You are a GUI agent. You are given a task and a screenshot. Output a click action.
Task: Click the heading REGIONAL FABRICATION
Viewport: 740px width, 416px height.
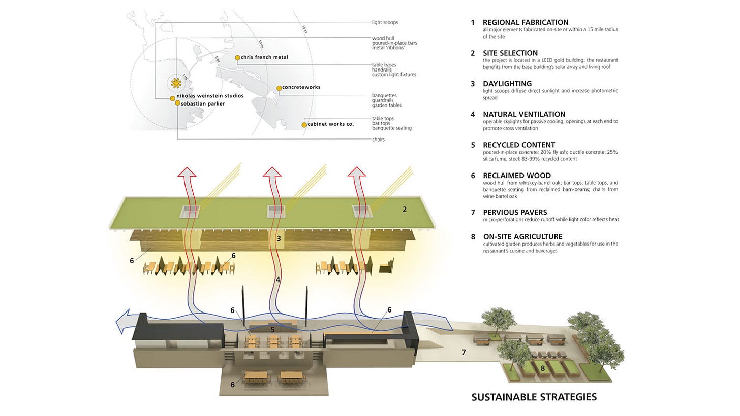coord(525,22)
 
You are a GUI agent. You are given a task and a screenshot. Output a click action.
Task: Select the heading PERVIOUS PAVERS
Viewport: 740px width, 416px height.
coord(515,212)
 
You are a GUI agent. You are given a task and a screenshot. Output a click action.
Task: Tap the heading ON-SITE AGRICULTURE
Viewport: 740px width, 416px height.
coord(522,236)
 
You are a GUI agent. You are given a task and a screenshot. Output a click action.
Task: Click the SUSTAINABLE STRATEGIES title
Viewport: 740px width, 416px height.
coord(534,397)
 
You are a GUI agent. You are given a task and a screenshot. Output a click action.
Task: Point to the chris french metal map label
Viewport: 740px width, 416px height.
coord(264,57)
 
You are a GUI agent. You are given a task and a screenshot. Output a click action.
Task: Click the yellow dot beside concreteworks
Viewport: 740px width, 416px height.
coord(279,88)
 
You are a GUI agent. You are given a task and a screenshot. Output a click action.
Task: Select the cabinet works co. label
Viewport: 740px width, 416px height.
coord(331,124)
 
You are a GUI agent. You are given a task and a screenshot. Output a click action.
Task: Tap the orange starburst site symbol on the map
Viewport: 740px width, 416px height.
coord(176,83)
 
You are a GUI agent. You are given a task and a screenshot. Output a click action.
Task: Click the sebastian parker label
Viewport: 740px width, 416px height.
coord(203,103)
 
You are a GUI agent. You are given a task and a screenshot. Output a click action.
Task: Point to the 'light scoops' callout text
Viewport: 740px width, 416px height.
coord(385,23)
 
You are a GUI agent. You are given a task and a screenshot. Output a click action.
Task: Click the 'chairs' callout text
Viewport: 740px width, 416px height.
coord(378,140)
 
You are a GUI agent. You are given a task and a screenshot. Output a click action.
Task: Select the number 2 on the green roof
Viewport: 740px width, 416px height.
coord(405,209)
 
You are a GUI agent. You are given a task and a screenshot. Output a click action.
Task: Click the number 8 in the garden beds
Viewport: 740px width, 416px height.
coord(543,368)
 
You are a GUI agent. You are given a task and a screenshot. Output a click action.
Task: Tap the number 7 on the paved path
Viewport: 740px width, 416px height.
coord(464,352)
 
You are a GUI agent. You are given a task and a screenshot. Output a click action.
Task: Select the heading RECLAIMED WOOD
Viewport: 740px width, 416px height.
coord(517,176)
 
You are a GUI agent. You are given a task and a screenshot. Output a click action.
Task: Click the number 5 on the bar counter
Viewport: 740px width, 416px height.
coord(272,330)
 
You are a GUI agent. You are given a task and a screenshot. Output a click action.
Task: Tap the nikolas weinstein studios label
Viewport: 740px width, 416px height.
coord(210,95)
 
